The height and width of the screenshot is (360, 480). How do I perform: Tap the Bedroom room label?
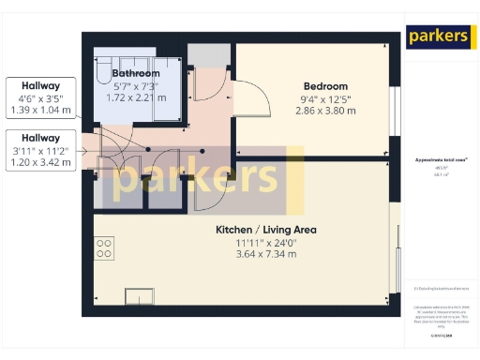tap(325, 86)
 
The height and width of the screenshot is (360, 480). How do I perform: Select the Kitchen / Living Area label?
tap(266, 230)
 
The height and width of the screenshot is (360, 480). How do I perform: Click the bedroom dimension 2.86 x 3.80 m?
tap(325, 111)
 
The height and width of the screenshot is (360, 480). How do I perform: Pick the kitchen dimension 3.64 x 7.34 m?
tap(266, 254)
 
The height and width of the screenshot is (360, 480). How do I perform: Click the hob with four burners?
tap(104, 248)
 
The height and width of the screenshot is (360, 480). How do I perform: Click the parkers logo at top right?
tap(438, 37)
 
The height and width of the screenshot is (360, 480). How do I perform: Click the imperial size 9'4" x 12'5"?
tap(325, 98)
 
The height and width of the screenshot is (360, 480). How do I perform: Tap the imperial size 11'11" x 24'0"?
tap(266, 242)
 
